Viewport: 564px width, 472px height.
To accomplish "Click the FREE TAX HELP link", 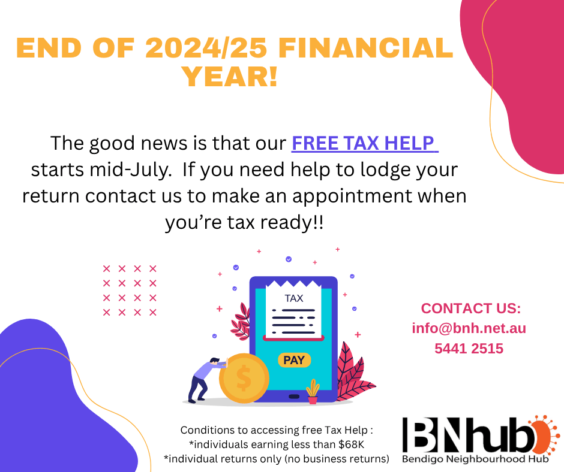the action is pos(364,143).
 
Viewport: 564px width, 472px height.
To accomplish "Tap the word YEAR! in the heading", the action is pos(230,77).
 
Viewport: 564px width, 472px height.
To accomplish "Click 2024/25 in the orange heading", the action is pos(206,47).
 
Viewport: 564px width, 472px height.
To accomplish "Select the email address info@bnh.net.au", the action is pos(469,328).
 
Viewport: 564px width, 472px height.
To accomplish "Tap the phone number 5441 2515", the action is pos(469,349).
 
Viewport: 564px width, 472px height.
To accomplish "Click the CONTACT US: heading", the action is pos(471,308).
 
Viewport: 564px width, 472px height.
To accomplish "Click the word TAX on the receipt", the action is pos(294,298).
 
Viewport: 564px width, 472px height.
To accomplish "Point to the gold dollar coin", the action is pos(244,378).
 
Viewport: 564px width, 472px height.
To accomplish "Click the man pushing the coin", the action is pos(207,380).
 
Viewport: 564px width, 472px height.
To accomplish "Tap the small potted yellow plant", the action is pos(313,392).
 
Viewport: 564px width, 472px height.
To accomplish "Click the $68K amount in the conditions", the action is pos(351,444).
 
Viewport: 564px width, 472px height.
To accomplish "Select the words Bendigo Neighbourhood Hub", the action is pos(475,459).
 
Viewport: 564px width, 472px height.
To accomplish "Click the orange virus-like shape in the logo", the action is pos(543,435).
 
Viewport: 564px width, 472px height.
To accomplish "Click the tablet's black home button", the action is pos(294,397).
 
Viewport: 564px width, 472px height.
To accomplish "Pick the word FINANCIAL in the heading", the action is pos(365,47).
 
